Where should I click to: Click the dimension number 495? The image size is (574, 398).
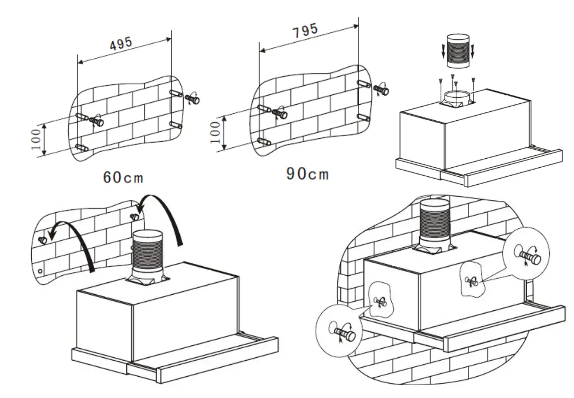coord(121,44)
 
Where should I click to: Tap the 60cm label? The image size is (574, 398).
coord(124,178)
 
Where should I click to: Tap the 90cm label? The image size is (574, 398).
coord(307,174)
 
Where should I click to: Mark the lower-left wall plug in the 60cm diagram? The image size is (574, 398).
coord(81,148)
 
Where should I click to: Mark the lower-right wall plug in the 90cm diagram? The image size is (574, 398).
coord(363,117)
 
